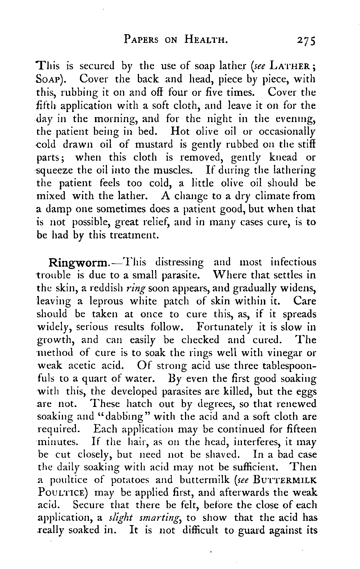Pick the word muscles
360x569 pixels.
coord(179,170)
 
